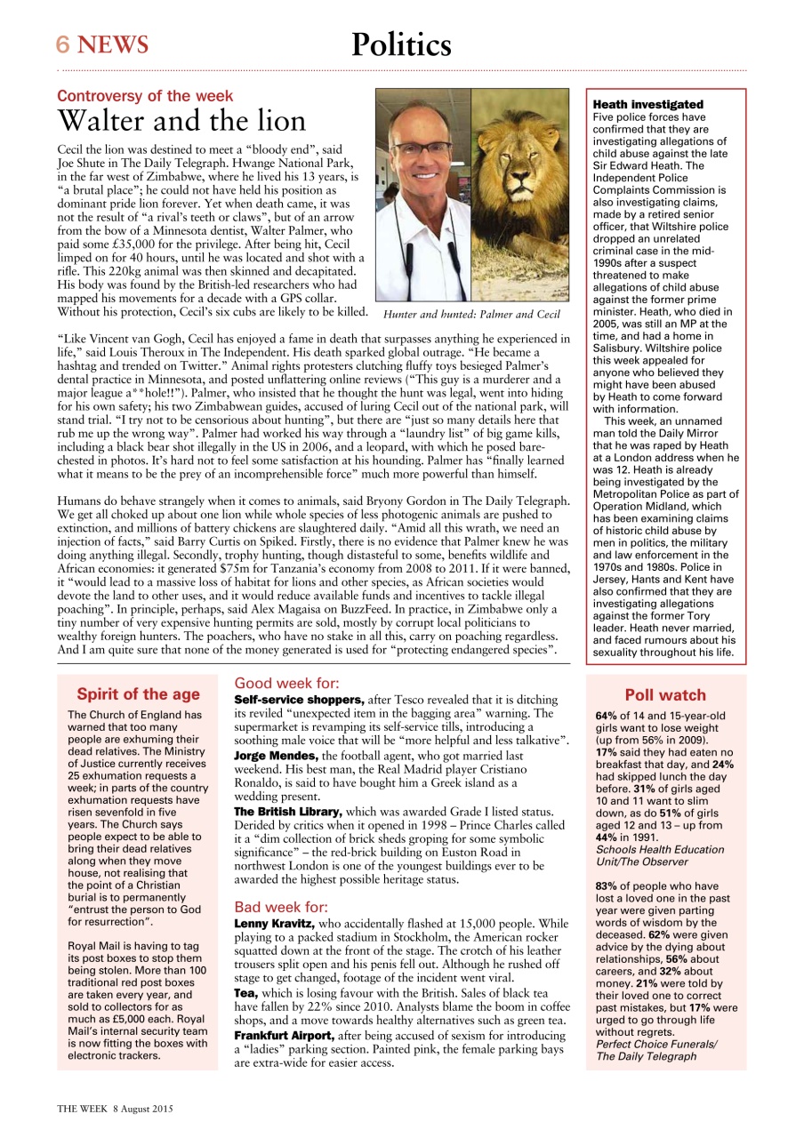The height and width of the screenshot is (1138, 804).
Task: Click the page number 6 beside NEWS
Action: coord(63,44)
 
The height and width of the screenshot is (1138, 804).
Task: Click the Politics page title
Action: coord(401,44)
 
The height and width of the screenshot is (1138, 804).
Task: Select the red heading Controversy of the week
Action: coord(145,96)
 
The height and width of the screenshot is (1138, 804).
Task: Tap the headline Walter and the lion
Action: coord(181,121)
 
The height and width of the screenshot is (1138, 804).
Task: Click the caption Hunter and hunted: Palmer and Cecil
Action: coord(471,315)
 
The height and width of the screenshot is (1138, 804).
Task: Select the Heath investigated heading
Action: coord(647,105)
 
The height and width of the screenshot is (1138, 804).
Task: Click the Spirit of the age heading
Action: coord(138,694)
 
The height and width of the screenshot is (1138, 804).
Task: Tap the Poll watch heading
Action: coord(665,695)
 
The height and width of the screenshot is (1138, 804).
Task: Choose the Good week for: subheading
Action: coord(286,684)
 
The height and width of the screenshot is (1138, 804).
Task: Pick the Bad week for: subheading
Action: coord(281,908)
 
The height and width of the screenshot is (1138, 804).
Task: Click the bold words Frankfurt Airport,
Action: coord(284,1037)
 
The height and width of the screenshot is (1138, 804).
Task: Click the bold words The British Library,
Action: coord(287,812)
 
